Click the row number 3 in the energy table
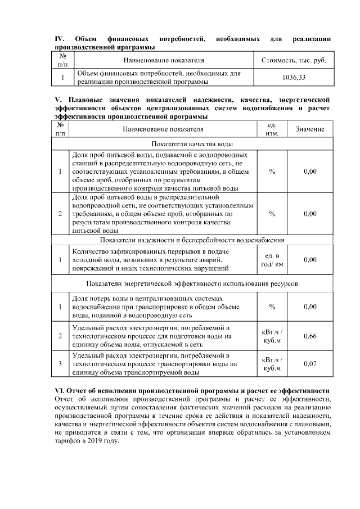coord(60,364)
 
